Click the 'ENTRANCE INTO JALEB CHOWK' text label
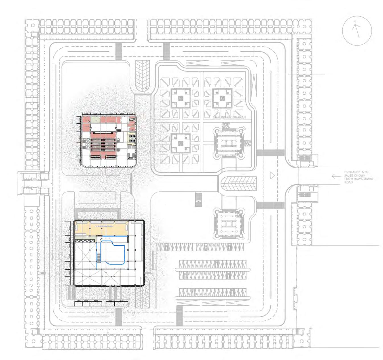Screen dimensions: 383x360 point(358,177)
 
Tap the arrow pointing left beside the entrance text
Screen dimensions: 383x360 point(336,176)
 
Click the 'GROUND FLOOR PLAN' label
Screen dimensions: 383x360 point(229,117)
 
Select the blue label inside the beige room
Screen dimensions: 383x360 point(104,226)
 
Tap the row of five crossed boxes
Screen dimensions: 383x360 point(85,241)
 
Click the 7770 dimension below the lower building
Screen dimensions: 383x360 point(96,301)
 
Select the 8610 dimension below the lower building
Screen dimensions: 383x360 point(122,301)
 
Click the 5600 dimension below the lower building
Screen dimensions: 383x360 point(110,301)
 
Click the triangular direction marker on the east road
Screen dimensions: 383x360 point(272,175)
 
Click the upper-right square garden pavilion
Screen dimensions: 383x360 point(222,98)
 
